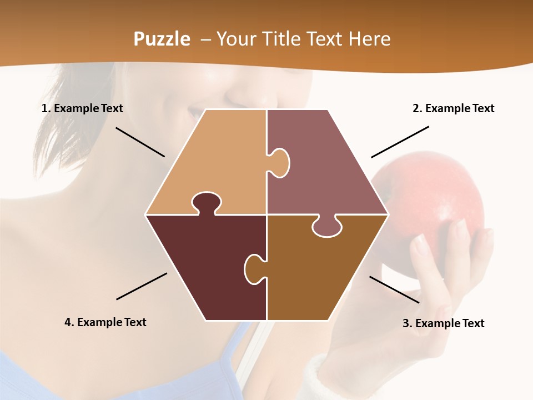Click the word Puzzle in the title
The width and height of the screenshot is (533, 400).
coord(162,39)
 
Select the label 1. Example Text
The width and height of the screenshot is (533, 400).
coord(82,108)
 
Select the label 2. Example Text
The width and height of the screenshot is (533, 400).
coord(453,108)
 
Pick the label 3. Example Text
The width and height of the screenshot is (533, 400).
coord(443,323)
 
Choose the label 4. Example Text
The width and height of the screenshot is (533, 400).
coord(105,322)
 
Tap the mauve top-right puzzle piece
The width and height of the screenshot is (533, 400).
coord(328,167)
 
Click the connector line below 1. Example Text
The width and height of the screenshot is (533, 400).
coord(140,142)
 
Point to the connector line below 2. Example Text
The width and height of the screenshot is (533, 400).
coord(400,142)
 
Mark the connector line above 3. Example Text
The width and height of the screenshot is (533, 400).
coord(394,289)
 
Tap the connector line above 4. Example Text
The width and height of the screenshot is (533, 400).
coord(142,286)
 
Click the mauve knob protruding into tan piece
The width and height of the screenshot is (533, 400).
coord(279,162)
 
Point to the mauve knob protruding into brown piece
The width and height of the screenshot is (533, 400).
coord(326,227)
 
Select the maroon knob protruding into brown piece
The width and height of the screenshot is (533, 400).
coord(255,268)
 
